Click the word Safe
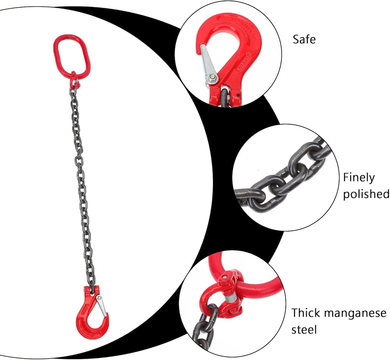pyautogui.click(x=304, y=39)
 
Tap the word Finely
pyautogui.click(x=358, y=178)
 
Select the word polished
pyautogui.click(x=366, y=194)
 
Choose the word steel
pyautogui.click(x=305, y=330)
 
